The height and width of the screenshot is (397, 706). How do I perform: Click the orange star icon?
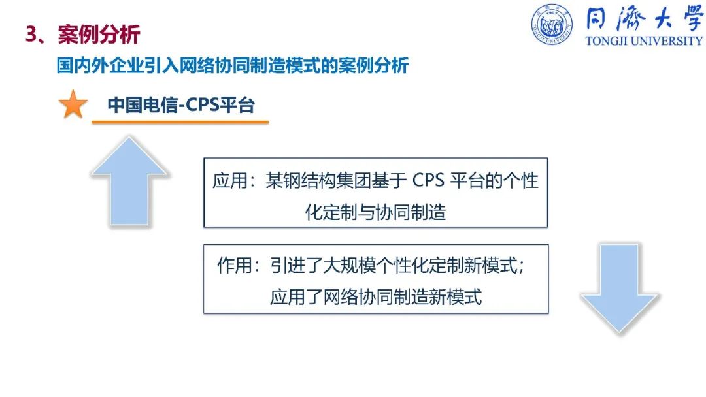(73, 104)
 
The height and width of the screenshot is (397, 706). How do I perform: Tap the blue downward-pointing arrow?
(620, 289)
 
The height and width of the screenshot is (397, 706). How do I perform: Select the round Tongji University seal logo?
(552, 24)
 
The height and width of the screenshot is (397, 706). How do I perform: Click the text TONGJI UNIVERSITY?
(644, 41)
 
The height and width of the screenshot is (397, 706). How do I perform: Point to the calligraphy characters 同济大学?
(645, 19)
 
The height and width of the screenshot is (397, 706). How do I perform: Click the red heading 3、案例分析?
(83, 35)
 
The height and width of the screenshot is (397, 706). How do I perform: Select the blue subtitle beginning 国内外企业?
(232, 66)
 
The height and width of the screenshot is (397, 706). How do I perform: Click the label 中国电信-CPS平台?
(181, 104)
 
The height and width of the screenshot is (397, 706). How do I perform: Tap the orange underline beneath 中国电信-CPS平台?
(180, 122)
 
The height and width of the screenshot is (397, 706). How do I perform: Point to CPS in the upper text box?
(428, 180)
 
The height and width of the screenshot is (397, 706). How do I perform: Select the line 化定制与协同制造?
(375, 212)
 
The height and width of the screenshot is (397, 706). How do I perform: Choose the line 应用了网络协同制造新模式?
(376, 296)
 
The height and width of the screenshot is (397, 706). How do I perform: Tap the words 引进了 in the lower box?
(296, 265)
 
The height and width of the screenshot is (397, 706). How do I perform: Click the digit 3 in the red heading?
(31, 35)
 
